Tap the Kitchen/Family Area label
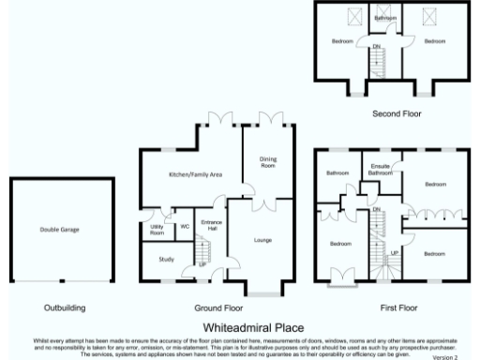point(194,175)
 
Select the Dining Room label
point(268,163)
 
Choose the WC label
point(185,227)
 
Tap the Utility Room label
point(157,230)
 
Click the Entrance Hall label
point(210,226)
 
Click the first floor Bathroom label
point(337,173)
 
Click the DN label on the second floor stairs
point(377,47)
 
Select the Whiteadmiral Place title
point(253,327)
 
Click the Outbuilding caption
point(65,307)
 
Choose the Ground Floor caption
point(218,307)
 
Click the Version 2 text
point(445,356)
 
